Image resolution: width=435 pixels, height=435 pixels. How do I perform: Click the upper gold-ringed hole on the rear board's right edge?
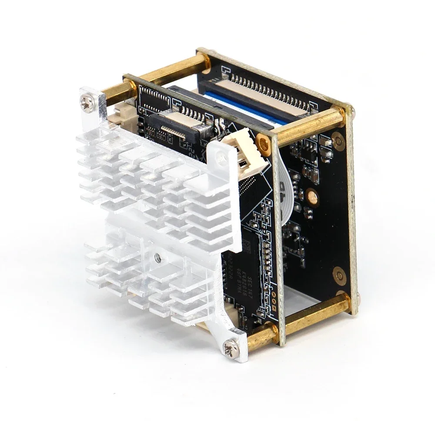(x=338, y=139)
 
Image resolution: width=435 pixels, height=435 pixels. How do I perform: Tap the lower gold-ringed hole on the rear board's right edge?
(x=339, y=274)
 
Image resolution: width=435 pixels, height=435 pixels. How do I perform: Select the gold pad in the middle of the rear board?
(x=311, y=196)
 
